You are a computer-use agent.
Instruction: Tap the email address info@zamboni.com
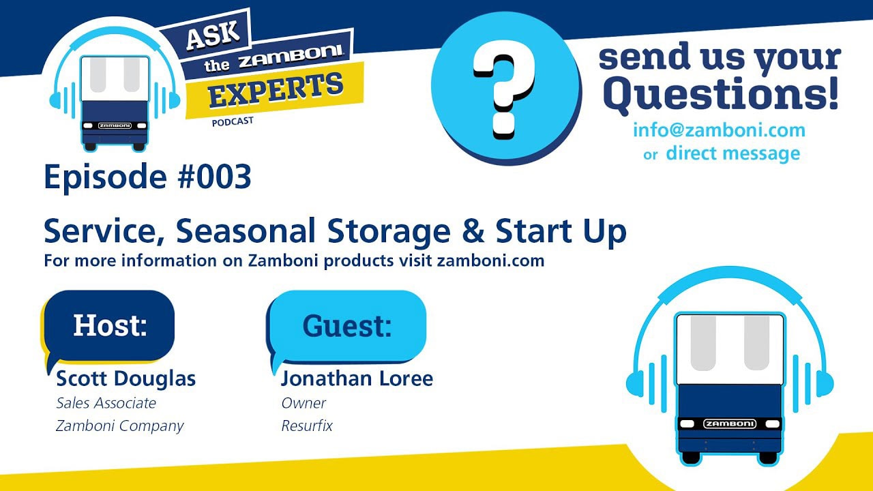point(719,130)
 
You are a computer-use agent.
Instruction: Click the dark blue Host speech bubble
point(110,327)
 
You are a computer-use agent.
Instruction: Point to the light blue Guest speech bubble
point(348,327)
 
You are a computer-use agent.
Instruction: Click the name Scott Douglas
point(126,378)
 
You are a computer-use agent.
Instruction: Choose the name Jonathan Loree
point(357,378)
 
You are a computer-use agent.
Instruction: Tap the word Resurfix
point(307,426)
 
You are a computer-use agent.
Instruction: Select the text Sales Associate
point(106,403)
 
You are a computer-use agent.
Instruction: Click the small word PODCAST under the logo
point(233,121)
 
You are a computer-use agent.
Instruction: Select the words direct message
point(733,153)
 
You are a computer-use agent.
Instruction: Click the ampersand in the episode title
point(473,230)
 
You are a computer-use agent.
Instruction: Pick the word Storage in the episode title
point(389,231)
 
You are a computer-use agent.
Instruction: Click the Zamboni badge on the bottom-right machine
point(730,423)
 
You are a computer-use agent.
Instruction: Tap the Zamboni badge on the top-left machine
point(115,125)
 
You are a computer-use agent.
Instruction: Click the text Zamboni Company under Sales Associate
point(119,426)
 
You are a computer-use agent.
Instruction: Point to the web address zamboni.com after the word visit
point(490,261)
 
